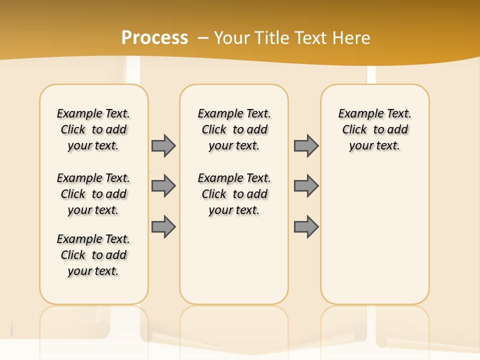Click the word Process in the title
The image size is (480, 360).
point(154,37)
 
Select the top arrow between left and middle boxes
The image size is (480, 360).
point(163,145)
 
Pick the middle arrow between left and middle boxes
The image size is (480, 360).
point(163,186)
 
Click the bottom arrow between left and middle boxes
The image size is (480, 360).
point(163,226)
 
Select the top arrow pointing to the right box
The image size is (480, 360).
point(306,145)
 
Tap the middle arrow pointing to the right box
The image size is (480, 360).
point(306,186)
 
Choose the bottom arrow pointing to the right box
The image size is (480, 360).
point(306,226)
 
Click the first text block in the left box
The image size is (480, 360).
point(93,129)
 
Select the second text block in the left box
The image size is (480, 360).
point(93,194)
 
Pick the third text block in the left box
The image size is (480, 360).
point(93,255)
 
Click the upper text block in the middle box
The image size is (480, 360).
point(234,129)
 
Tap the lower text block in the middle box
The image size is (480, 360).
point(234,194)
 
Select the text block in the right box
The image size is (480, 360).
point(375,129)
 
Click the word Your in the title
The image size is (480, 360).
point(232,37)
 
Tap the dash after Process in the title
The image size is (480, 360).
point(203,38)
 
